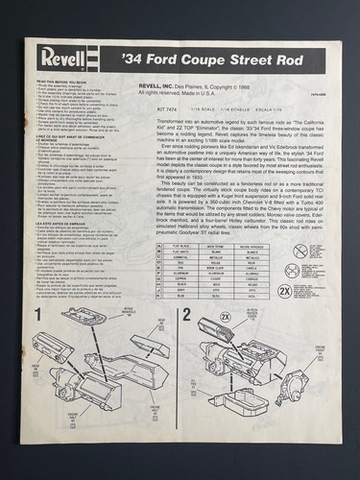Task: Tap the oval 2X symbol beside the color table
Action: (285, 289)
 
